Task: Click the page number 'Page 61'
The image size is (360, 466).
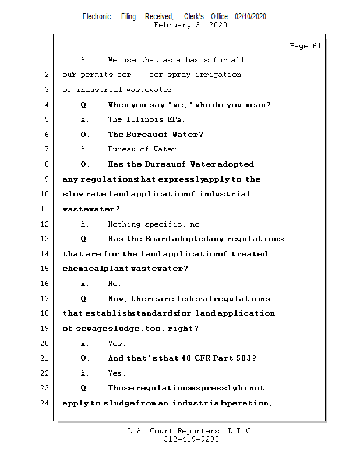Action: coord(305,46)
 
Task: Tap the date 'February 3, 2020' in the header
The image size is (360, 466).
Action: coord(190,25)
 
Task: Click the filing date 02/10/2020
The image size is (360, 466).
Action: coord(250,16)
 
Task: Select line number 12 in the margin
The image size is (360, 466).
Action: coord(45,224)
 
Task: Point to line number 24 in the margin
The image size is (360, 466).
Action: coord(45,403)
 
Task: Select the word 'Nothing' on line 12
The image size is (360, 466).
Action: coord(124,224)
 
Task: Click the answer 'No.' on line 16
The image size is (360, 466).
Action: coord(114,284)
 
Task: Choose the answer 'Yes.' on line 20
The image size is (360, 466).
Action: coord(117,343)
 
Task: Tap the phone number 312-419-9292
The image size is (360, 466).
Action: coord(191,439)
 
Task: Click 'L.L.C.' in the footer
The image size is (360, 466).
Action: coord(239,431)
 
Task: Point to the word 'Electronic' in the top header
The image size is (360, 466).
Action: coord(97,16)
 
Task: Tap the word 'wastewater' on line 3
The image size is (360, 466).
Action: coord(150,90)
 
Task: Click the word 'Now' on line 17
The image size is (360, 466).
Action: coord(118,299)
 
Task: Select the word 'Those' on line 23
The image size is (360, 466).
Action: coord(121,387)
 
